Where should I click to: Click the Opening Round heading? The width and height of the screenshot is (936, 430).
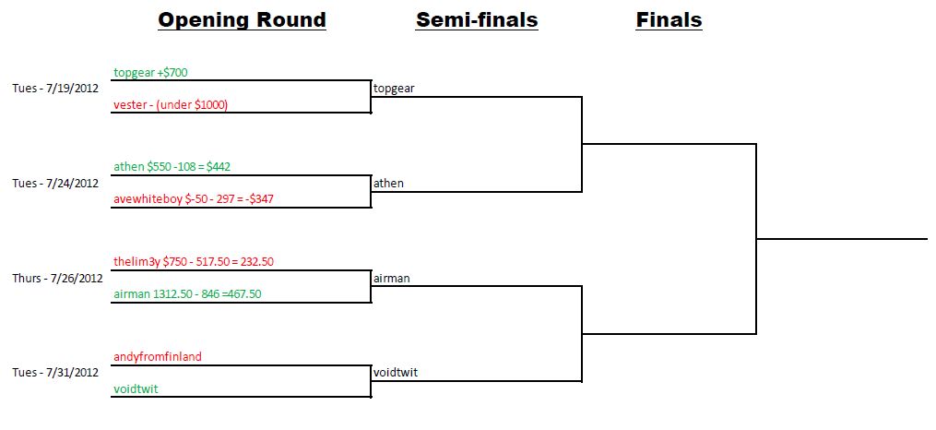[242, 19]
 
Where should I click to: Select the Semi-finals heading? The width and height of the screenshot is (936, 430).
[477, 19]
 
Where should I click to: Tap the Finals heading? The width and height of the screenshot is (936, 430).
[669, 19]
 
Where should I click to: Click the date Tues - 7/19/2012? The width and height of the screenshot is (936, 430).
[55, 89]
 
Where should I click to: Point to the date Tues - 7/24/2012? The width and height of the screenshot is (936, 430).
[55, 184]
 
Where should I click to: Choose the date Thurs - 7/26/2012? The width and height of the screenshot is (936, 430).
[55, 278]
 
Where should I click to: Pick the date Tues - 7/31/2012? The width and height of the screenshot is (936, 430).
[55, 373]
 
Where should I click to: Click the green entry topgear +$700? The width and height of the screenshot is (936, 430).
[151, 72]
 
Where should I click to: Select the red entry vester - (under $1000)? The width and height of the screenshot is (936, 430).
[171, 105]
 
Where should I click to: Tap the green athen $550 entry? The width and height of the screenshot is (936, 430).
[172, 167]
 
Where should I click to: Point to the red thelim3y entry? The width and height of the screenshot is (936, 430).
[194, 262]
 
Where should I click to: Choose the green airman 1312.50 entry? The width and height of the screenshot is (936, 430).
[187, 294]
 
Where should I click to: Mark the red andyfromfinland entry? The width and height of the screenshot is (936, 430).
[158, 357]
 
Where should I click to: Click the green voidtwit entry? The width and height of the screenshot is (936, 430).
[136, 389]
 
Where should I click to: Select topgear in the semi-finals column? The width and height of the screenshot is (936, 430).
[394, 89]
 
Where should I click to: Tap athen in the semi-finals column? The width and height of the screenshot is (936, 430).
[388, 184]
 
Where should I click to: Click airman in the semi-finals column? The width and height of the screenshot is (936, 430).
[392, 278]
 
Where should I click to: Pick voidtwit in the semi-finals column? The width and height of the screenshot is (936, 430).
[395, 373]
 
